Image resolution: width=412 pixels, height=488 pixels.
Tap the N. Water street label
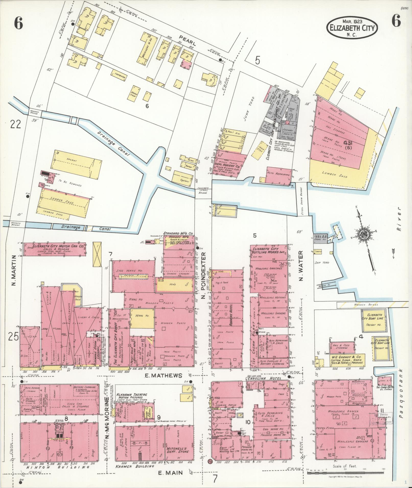pos(300,266)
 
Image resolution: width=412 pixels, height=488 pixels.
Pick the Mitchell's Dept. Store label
pos(178,450)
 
